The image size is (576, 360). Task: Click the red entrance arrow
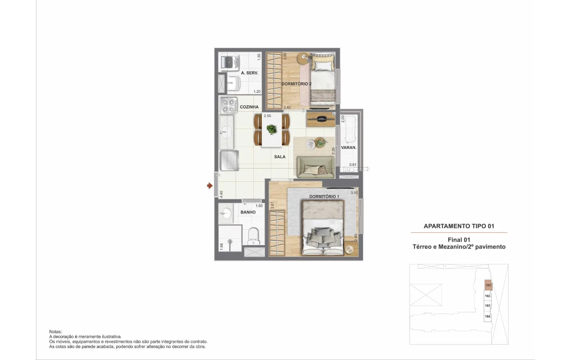click(x=210, y=186)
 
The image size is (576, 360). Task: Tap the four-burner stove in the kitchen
click(x=228, y=106)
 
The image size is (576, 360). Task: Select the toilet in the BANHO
click(x=253, y=236)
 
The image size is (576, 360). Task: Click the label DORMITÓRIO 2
click(x=296, y=84)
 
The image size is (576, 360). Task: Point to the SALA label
click(x=280, y=157)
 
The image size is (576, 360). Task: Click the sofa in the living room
click(x=316, y=167)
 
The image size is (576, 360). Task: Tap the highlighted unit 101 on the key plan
click(x=488, y=285)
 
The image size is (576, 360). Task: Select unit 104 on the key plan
click(x=487, y=316)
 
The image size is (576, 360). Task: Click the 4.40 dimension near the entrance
click(x=221, y=194)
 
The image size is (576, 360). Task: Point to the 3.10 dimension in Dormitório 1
click(x=354, y=193)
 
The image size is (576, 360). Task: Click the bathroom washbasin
click(x=226, y=213)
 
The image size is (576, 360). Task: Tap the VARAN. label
click(x=348, y=148)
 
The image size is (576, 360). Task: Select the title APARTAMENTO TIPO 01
click(x=459, y=226)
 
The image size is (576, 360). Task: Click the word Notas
click(x=56, y=332)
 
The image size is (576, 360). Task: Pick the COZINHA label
click(x=249, y=107)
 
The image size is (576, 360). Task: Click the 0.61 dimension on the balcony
click(x=353, y=164)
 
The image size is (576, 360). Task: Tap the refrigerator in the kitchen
click(x=229, y=161)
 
